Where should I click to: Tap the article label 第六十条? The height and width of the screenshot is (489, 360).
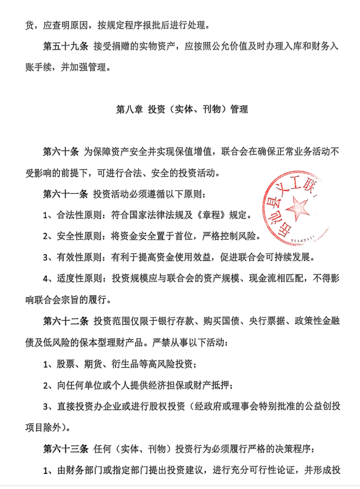coord(60,152)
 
